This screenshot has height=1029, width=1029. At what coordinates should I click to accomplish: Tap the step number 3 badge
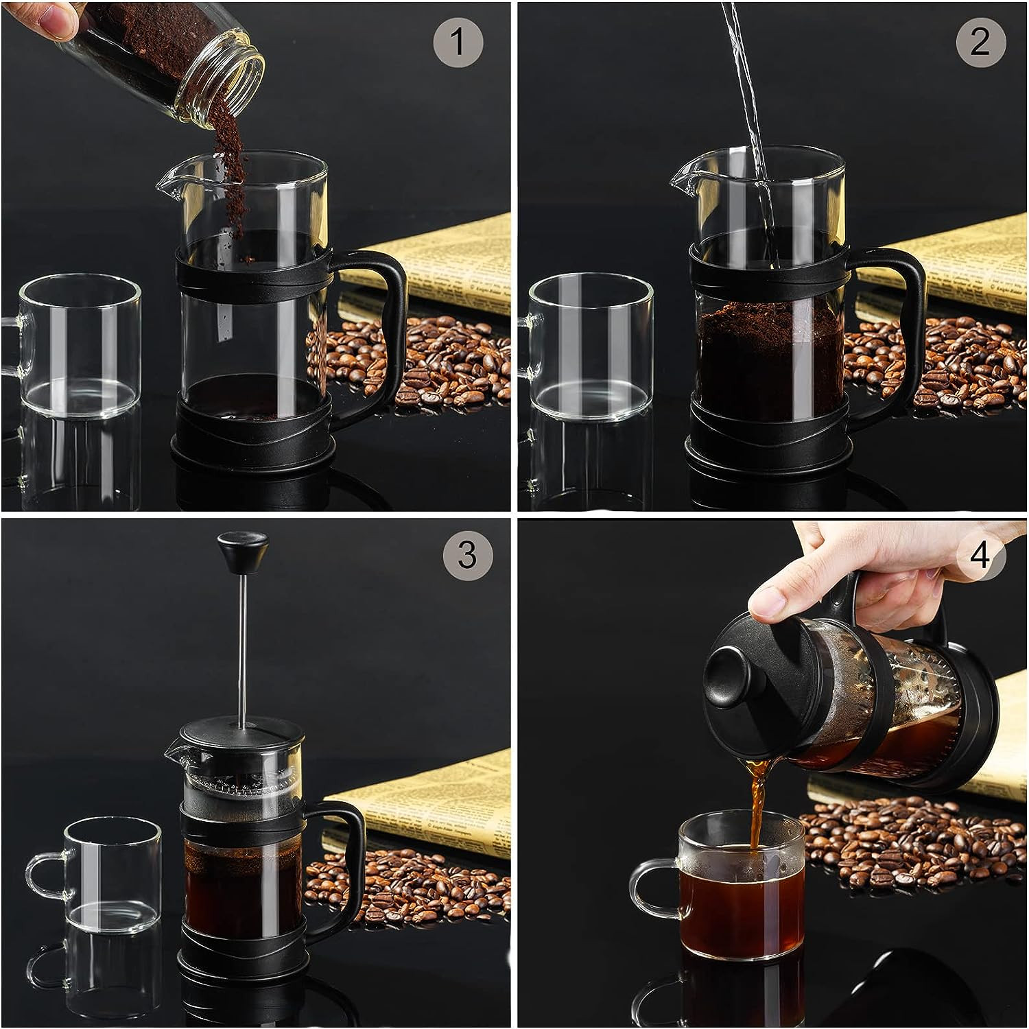[x=467, y=554]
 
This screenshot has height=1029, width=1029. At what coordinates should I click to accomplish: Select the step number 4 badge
[x=980, y=554]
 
